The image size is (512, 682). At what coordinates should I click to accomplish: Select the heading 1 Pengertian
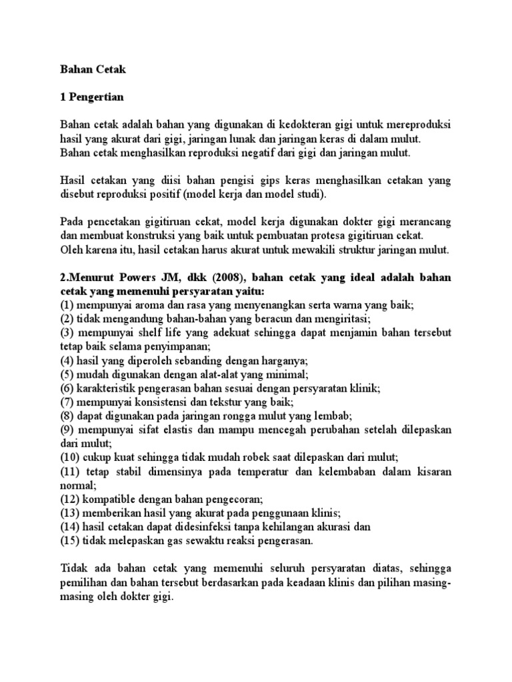click(x=93, y=97)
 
